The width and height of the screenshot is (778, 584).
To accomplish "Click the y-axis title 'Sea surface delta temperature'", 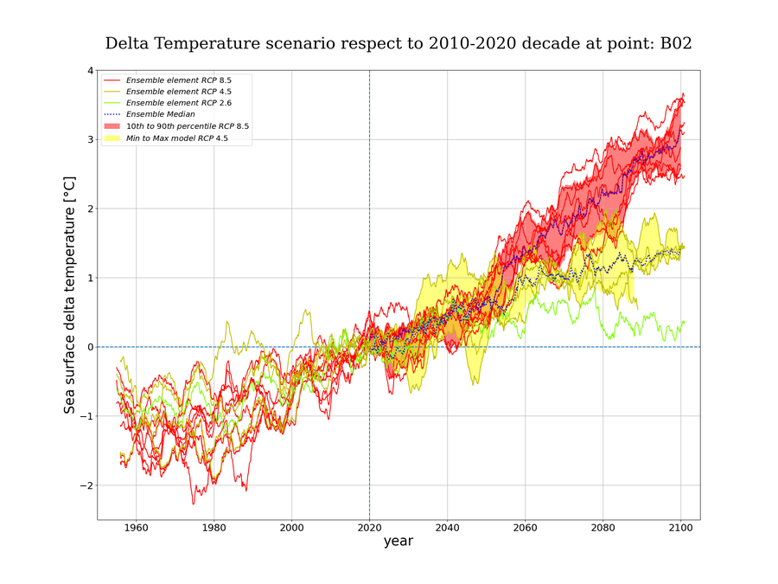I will click(70, 294).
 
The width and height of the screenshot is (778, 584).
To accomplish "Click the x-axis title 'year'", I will click(399, 542).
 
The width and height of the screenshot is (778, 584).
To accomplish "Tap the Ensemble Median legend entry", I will click(160, 114).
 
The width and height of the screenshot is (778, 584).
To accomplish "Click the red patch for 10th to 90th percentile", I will click(113, 126).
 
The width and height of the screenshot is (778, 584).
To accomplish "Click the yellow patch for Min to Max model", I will click(113, 138).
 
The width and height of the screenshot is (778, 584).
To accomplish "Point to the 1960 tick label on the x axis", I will click(136, 526).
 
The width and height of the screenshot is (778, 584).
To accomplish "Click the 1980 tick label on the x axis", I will click(214, 526).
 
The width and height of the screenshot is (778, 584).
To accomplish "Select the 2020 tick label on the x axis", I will click(369, 526).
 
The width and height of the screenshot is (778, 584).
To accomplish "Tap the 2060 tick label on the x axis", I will click(525, 526).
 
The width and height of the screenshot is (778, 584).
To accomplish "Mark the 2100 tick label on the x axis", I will click(680, 526).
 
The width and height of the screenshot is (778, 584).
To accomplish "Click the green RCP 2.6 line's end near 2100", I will click(684, 322).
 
